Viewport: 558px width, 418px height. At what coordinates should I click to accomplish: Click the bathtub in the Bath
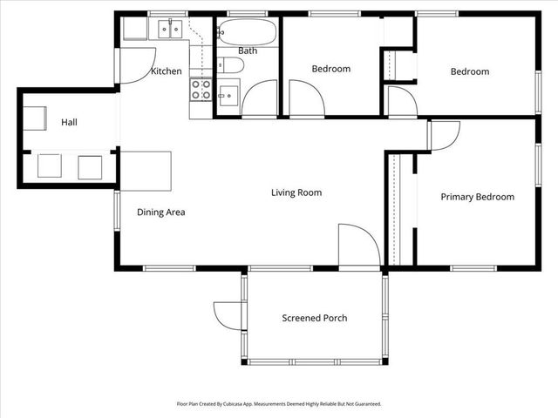pos(248,32)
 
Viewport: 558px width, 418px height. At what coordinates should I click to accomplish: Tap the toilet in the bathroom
pos(230,65)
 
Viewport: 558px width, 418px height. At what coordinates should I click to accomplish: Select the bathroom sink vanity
pos(228,95)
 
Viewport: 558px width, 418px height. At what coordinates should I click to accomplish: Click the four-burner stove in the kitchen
pos(201,90)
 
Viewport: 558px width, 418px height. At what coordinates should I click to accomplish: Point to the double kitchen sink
pos(170,29)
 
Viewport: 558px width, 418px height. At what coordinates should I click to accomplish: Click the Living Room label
pos(296,192)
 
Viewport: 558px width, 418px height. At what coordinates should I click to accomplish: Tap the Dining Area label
pos(160,212)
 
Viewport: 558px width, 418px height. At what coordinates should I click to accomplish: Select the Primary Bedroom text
pos(478,197)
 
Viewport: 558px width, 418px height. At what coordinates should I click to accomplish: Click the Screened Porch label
pos(315,318)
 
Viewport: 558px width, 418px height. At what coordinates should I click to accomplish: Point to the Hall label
pos(69,122)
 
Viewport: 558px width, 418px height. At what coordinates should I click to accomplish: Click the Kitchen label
pos(167,71)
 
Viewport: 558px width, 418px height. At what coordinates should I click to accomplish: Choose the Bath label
pos(248,51)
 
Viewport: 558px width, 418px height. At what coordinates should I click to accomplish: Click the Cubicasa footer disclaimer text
pos(279,404)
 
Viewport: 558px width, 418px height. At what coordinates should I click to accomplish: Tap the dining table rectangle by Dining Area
pos(146,172)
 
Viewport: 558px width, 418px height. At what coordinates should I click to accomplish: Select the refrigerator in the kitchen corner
pos(135,29)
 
